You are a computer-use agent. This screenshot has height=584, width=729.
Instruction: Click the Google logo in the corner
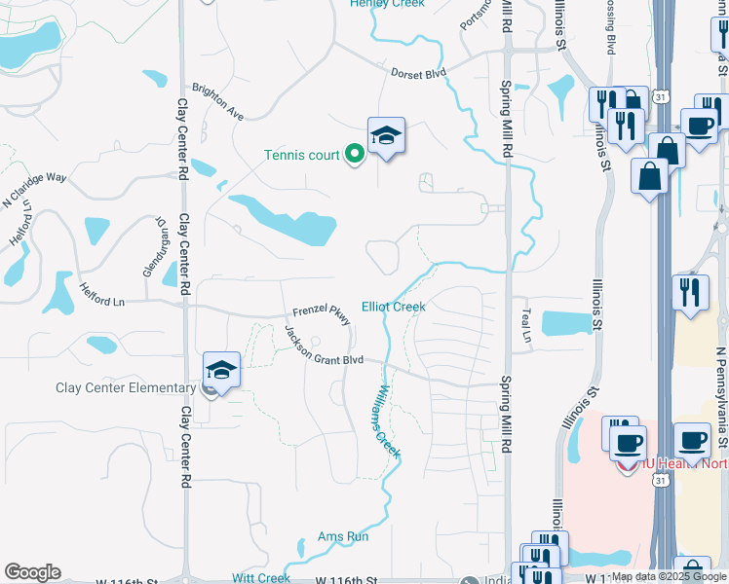[32, 572]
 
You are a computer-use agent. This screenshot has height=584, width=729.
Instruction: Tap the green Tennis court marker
[355, 154]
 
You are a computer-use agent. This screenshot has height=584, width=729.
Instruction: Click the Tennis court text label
[302, 155]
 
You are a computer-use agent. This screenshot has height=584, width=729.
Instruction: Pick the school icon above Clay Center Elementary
[221, 370]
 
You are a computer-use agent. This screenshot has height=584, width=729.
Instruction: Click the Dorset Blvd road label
[418, 73]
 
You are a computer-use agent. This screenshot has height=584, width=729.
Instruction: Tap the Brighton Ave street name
[218, 101]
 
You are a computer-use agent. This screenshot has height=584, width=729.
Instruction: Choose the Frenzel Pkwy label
[322, 310]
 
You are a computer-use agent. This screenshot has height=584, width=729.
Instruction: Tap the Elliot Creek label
[394, 307]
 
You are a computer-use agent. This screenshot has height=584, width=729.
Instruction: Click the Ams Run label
[343, 536]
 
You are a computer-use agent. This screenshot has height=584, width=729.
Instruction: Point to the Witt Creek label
[261, 577]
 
